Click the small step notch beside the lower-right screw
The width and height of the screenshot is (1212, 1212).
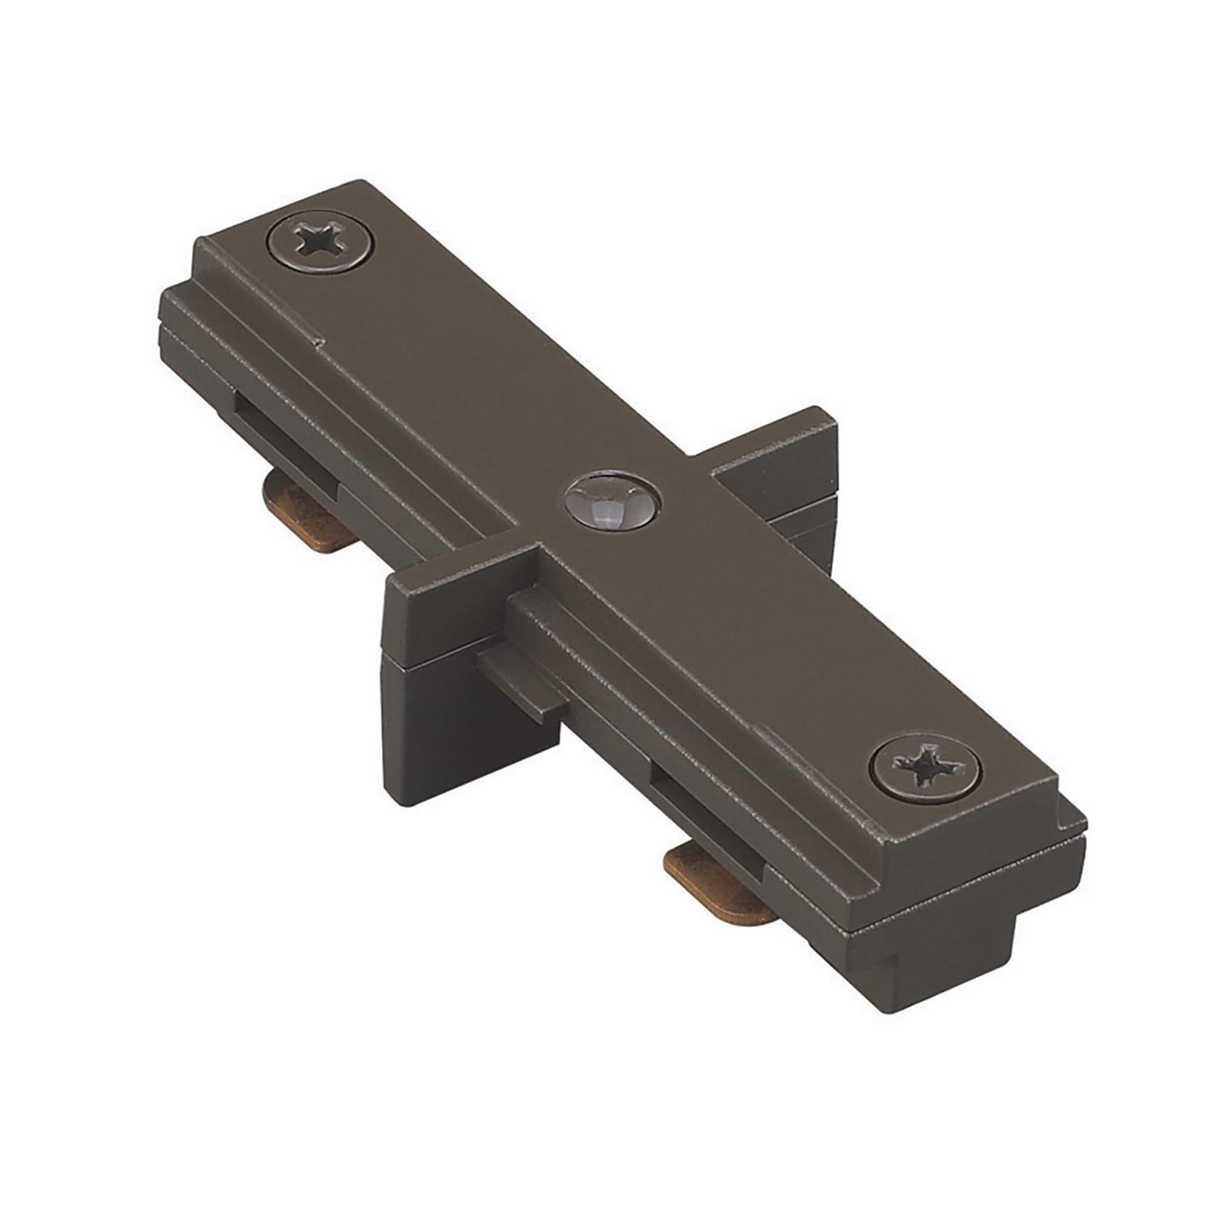(762, 730)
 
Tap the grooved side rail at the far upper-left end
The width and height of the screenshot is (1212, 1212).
(188, 323)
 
